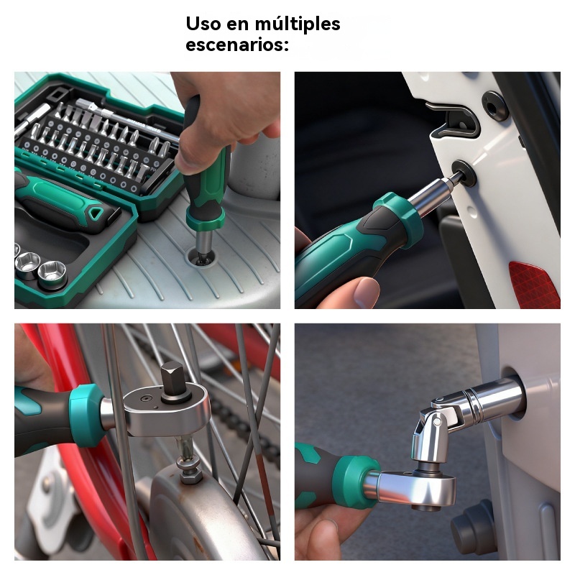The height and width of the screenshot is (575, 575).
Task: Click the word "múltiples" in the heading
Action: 297,24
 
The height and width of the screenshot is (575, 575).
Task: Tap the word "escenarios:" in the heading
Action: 237,45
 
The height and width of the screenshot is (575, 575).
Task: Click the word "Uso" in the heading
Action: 203,24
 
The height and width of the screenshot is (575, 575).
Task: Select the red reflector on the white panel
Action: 534,284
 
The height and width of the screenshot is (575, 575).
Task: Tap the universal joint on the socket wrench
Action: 436,429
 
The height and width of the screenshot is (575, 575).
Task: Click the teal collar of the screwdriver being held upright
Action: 206,219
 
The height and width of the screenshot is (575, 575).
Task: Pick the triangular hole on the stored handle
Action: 95,213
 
